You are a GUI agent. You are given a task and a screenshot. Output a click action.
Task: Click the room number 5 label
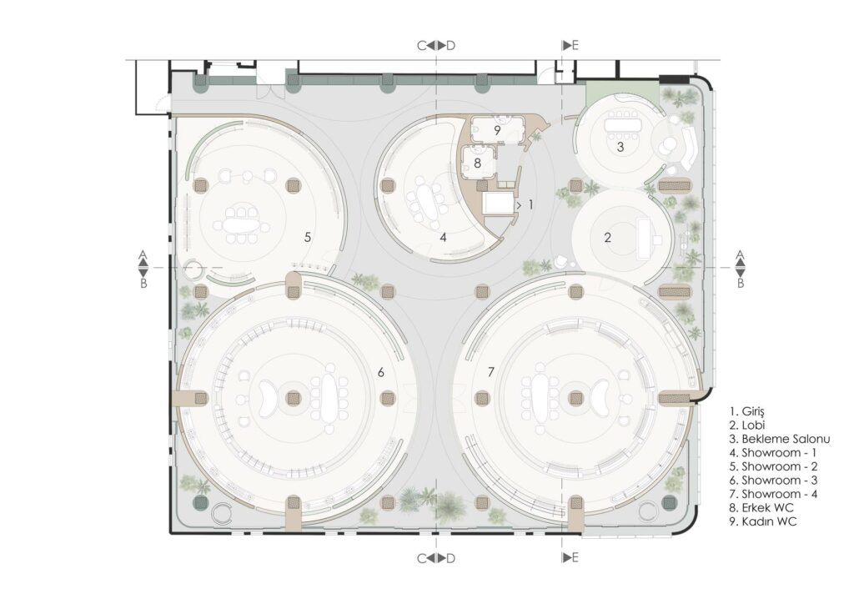tap(308, 237)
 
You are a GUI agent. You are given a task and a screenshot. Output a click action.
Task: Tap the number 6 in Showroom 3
tap(381, 372)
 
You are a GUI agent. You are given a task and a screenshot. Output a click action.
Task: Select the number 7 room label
tap(490, 372)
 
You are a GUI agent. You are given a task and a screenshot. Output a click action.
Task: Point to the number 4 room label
tap(444, 238)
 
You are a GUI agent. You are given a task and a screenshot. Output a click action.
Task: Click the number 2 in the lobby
tap(608, 237)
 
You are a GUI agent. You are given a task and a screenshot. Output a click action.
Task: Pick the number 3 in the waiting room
tap(620, 147)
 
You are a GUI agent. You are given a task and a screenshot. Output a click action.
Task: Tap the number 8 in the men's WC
tap(478, 163)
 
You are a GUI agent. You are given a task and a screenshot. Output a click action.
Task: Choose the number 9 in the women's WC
tap(497, 131)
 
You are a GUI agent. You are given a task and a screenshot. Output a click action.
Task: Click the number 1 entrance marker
tap(530, 204)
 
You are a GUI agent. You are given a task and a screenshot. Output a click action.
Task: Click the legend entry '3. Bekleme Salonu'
tap(780, 439)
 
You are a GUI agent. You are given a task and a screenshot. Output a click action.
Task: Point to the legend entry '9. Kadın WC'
tap(762, 521)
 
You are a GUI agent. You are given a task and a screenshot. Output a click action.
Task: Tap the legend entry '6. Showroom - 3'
tap(773, 481)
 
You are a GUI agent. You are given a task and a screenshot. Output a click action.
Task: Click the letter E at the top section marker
tap(575, 46)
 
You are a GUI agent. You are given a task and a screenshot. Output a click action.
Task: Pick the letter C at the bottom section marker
tap(421, 559)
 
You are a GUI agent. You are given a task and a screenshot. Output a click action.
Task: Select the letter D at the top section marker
tap(450, 46)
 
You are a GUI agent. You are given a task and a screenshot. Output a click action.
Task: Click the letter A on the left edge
tap(143, 254)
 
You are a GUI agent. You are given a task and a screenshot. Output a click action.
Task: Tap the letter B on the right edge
tap(741, 284)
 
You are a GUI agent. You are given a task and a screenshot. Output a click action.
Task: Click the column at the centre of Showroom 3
tap(294, 398)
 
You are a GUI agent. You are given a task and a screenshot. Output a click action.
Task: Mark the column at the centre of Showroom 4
tap(575, 398)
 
